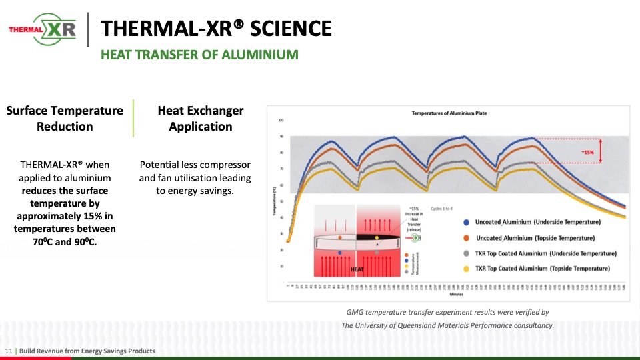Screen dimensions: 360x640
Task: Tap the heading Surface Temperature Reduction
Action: click(65, 119)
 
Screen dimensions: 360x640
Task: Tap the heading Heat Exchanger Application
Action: click(200, 119)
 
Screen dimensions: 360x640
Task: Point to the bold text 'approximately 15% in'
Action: click(65, 216)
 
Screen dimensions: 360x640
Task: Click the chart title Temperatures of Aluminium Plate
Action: click(449, 113)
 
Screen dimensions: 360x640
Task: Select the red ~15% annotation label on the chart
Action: click(587, 153)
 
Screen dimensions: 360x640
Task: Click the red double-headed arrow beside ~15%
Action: click(601, 151)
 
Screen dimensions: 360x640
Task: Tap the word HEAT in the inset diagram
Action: click(357, 269)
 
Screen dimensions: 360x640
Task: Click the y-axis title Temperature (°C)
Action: click(275, 199)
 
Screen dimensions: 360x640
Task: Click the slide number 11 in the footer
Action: click(8, 351)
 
